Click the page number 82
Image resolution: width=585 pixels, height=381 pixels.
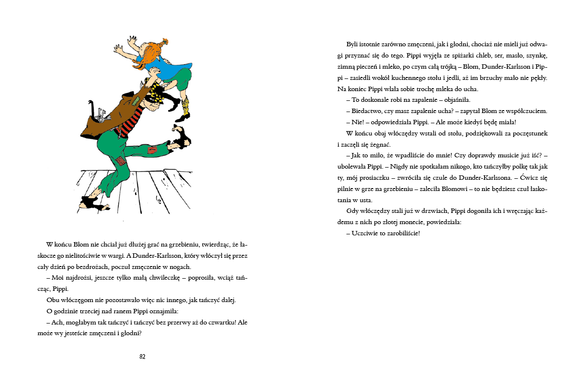[142, 357]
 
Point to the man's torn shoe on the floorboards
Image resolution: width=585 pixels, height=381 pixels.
[92, 202]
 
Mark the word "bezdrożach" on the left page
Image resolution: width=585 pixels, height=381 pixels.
[98, 267]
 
